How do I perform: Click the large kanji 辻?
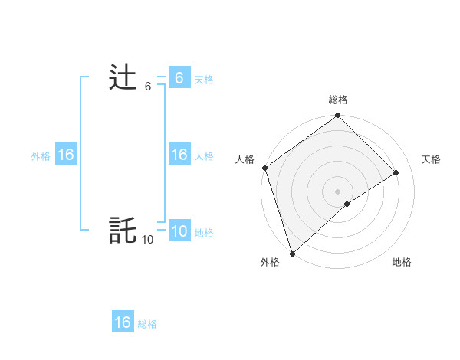pyautogui.click(x=123, y=78)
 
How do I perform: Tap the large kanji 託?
pyautogui.click(x=123, y=230)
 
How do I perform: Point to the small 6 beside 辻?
pyautogui.click(x=148, y=87)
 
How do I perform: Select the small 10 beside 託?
pyautogui.click(x=147, y=240)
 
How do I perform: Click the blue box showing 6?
pyautogui.click(x=179, y=78)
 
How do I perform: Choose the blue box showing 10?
pyautogui.click(x=179, y=231)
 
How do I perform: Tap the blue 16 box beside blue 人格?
pyautogui.click(x=179, y=155)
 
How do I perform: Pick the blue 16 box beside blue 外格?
pyautogui.click(x=66, y=155)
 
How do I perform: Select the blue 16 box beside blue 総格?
pyautogui.click(x=123, y=322)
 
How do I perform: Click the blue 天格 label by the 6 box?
pyautogui.click(x=204, y=80)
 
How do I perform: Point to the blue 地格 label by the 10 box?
pyautogui.click(x=204, y=233)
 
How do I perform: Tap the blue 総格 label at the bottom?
pyautogui.click(x=147, y=324)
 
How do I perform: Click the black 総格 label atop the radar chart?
pyautogui.click(x=338, y=100)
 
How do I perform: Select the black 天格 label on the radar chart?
pyautogui.click(x=432, y=159)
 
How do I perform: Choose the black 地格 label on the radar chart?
pyautogui.click(x=402, y=262)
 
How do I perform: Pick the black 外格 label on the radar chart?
pyautogui.click(x=270, y=262)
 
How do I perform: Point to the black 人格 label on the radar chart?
pyautogui.click(x=245, y=159)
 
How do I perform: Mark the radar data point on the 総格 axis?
pyautogui.click(x=338, y=116)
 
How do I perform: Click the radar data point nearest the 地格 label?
pyautogui.click(x=347, y=204)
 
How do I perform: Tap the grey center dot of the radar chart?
pyautogui.click(x=338, y=191)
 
